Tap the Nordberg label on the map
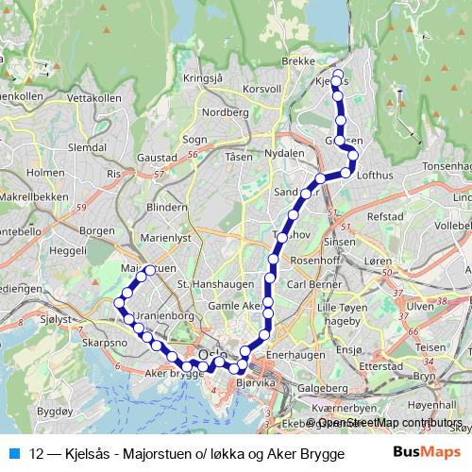coord(226,111)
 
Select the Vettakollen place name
coord(95,97)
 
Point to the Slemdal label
coord(88,148)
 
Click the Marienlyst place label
coord(165,239)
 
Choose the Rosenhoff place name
coord(319,261)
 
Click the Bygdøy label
coord(54,413)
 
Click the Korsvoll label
coord(262,88)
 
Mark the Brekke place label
coord(298,59)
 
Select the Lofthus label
coord(376,175)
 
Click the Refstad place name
coord(384,216)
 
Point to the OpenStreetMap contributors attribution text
coord(388,423)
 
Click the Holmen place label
coord(45,173)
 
